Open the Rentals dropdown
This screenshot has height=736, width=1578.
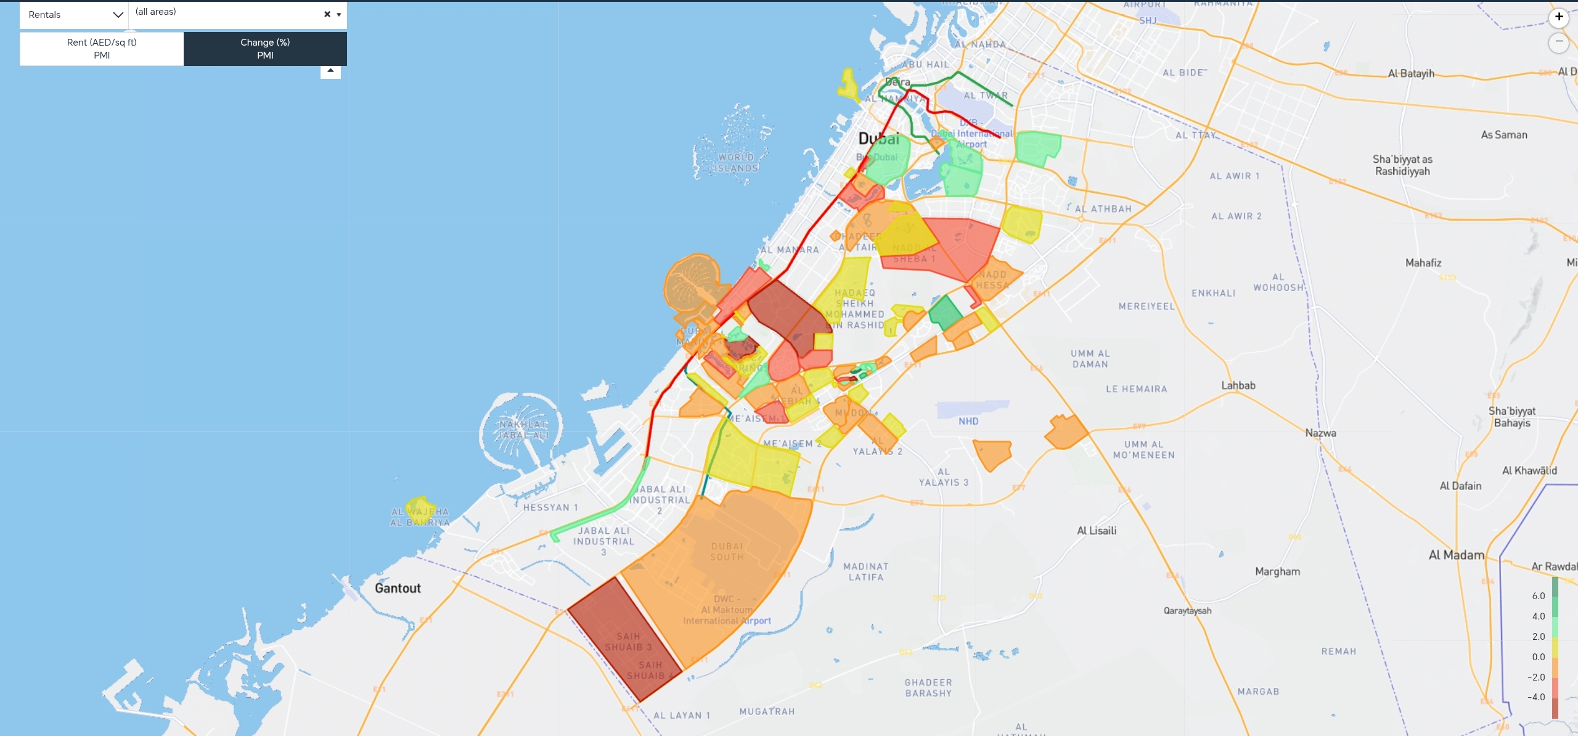coord(74,15)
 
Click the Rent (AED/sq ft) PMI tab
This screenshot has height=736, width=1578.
coord(102,49)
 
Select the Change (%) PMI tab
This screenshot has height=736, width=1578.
coord(265,49)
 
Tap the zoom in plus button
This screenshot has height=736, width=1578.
coord(1559,17)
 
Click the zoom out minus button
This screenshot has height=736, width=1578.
coord(1559,42)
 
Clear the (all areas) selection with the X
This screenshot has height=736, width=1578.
coord(327,14)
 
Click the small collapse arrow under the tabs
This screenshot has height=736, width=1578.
coord(330,71)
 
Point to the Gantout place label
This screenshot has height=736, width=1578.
coord(398,588)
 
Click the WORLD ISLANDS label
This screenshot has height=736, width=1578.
coord(736,163)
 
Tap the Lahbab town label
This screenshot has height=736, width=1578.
coord(1238,385)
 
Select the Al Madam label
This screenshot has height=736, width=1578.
coord(1456,555)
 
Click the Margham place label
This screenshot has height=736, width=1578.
coord(1277,571)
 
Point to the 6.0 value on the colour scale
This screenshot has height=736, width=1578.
coord(1539,596)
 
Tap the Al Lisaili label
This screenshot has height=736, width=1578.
coord(1097,531)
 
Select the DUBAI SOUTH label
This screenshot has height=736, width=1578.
coord(727,552)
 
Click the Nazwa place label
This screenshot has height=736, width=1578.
coord(1320,433)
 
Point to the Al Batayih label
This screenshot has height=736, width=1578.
coord(1411,73)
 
